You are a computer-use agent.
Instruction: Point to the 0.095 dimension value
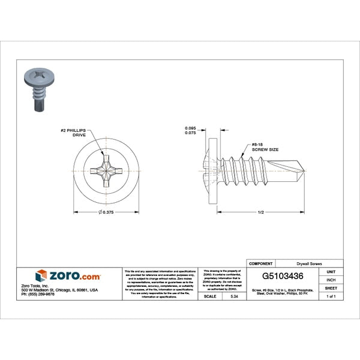(x=191, y=128)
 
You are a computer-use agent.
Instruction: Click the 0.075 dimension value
(x=191, y=134)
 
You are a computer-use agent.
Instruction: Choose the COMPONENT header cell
(x=261, y=263)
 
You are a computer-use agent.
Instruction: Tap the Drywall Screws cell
(x=310, y=263)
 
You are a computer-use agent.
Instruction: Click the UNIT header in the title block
(x=331, y=272)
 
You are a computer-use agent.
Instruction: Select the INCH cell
(x=331, y=280)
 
